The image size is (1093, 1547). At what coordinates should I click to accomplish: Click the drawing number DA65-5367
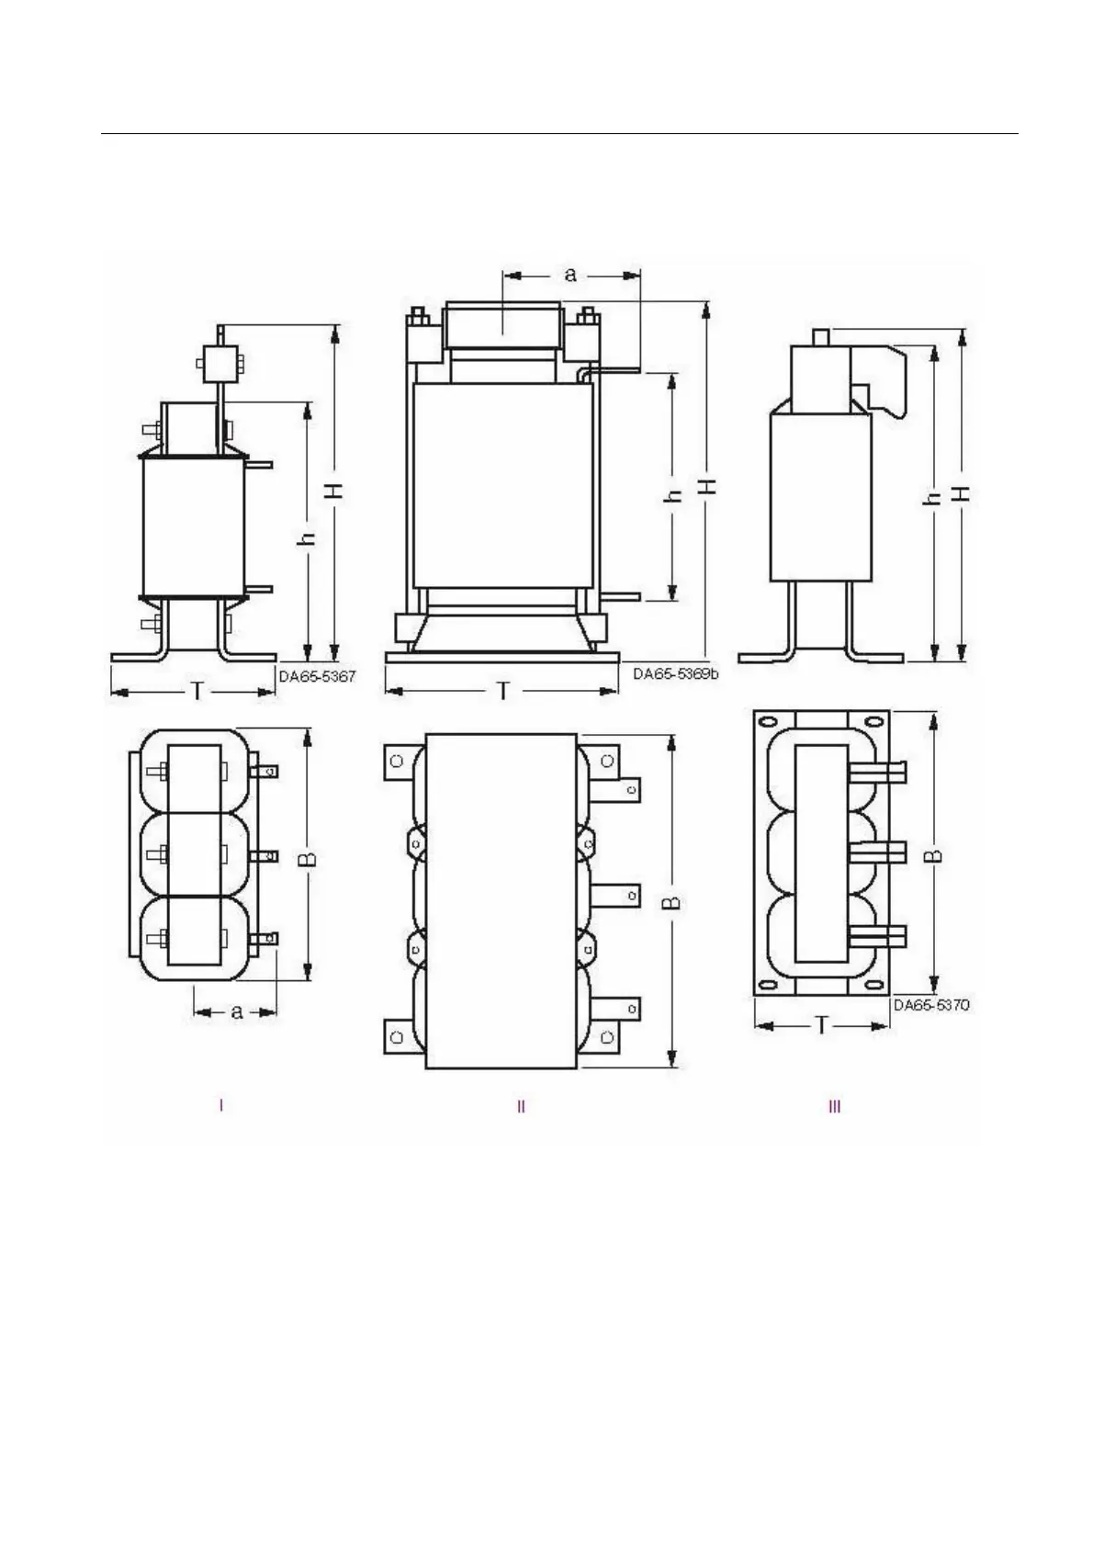[317, 676]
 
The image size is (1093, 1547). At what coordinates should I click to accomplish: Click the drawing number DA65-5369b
[675, 673]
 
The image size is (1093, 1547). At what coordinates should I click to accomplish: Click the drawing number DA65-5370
[931, 1005]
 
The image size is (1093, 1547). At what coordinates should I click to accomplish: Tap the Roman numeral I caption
[221, 1106]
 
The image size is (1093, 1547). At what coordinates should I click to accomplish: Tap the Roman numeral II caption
[522, 1106]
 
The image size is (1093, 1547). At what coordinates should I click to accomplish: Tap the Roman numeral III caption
[834, 1106]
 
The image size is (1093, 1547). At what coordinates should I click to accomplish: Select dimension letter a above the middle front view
[570, 275]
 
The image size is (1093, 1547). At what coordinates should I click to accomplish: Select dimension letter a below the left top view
[236, 1012]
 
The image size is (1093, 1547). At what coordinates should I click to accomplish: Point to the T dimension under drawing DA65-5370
[821, 1026]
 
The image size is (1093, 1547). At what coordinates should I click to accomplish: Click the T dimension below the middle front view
[503, 691]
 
